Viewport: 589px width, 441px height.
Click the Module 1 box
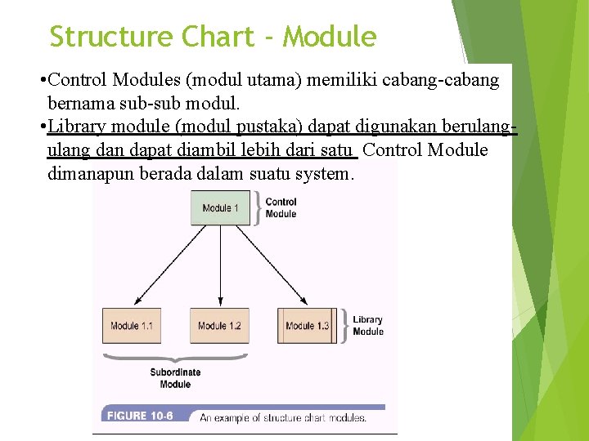(x=220, y=207)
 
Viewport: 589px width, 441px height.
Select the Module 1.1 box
(x=131, y=325)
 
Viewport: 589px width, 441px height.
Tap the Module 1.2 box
(x=219, y=325)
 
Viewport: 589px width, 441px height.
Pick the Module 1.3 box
(x=307, y=325)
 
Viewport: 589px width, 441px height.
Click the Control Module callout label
(x=281, y=207)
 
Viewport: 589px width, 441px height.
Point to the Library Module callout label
(x=367, y=326)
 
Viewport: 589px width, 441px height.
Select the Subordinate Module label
(x=175, y=378)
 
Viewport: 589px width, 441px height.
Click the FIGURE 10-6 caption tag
(x=138, y=416)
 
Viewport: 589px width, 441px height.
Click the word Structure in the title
(x=111, y=37)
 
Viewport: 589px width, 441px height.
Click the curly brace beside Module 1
(x=259, y=207)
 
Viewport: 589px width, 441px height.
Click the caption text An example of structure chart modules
(x=283, y=416)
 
